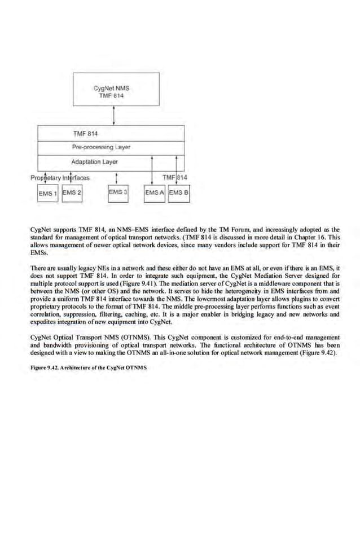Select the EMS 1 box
click(x=47, y=194)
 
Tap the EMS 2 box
click(x=72, y=193)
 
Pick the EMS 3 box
click(x=117, y=193)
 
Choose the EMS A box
click(x=155, y=193)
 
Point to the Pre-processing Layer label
click(x=102, y=147)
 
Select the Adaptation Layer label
click(x=95, y=161)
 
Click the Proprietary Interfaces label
click(x=59, y=177)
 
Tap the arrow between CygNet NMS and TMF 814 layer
click(x=115, y=116)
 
